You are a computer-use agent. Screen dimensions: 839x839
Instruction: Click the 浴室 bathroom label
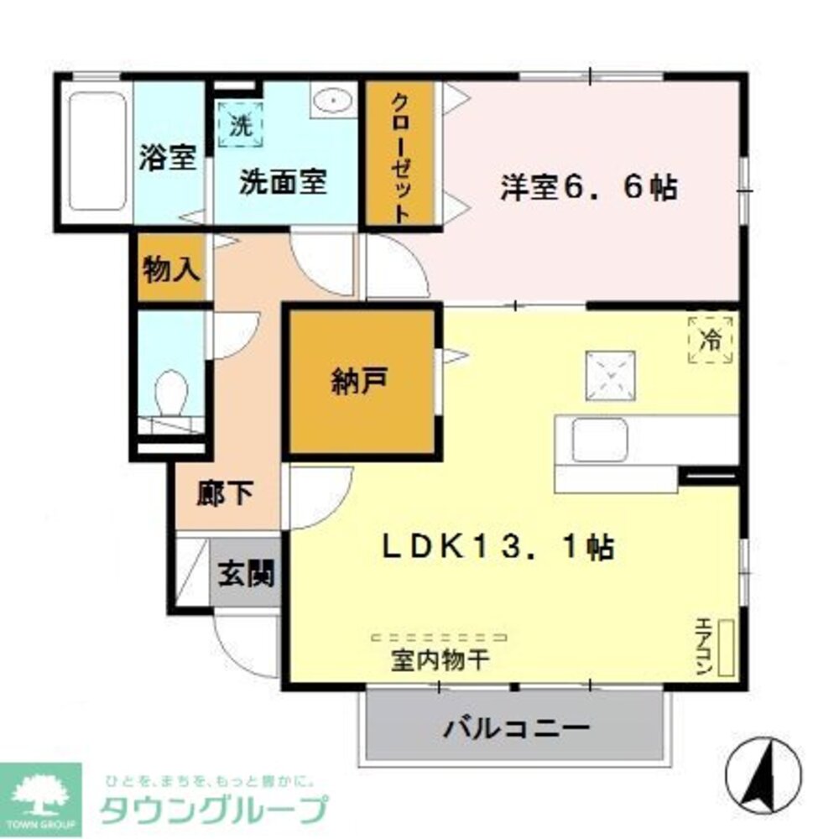tap(169, 159)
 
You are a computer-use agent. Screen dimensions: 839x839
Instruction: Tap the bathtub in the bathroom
tap(98, 150)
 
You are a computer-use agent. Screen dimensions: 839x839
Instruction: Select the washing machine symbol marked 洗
tap(241, 126)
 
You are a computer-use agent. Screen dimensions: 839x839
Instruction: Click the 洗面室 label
tap(283, 182)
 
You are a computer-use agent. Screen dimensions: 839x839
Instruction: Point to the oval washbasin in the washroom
tap(332, 102)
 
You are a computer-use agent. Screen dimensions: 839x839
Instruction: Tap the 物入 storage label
tap(171, 270)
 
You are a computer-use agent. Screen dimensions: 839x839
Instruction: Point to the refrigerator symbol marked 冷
tap(711, 341)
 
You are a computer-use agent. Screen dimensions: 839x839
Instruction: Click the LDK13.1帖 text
tap(498, 547)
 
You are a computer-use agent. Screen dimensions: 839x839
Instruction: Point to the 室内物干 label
tap(440, 660)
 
